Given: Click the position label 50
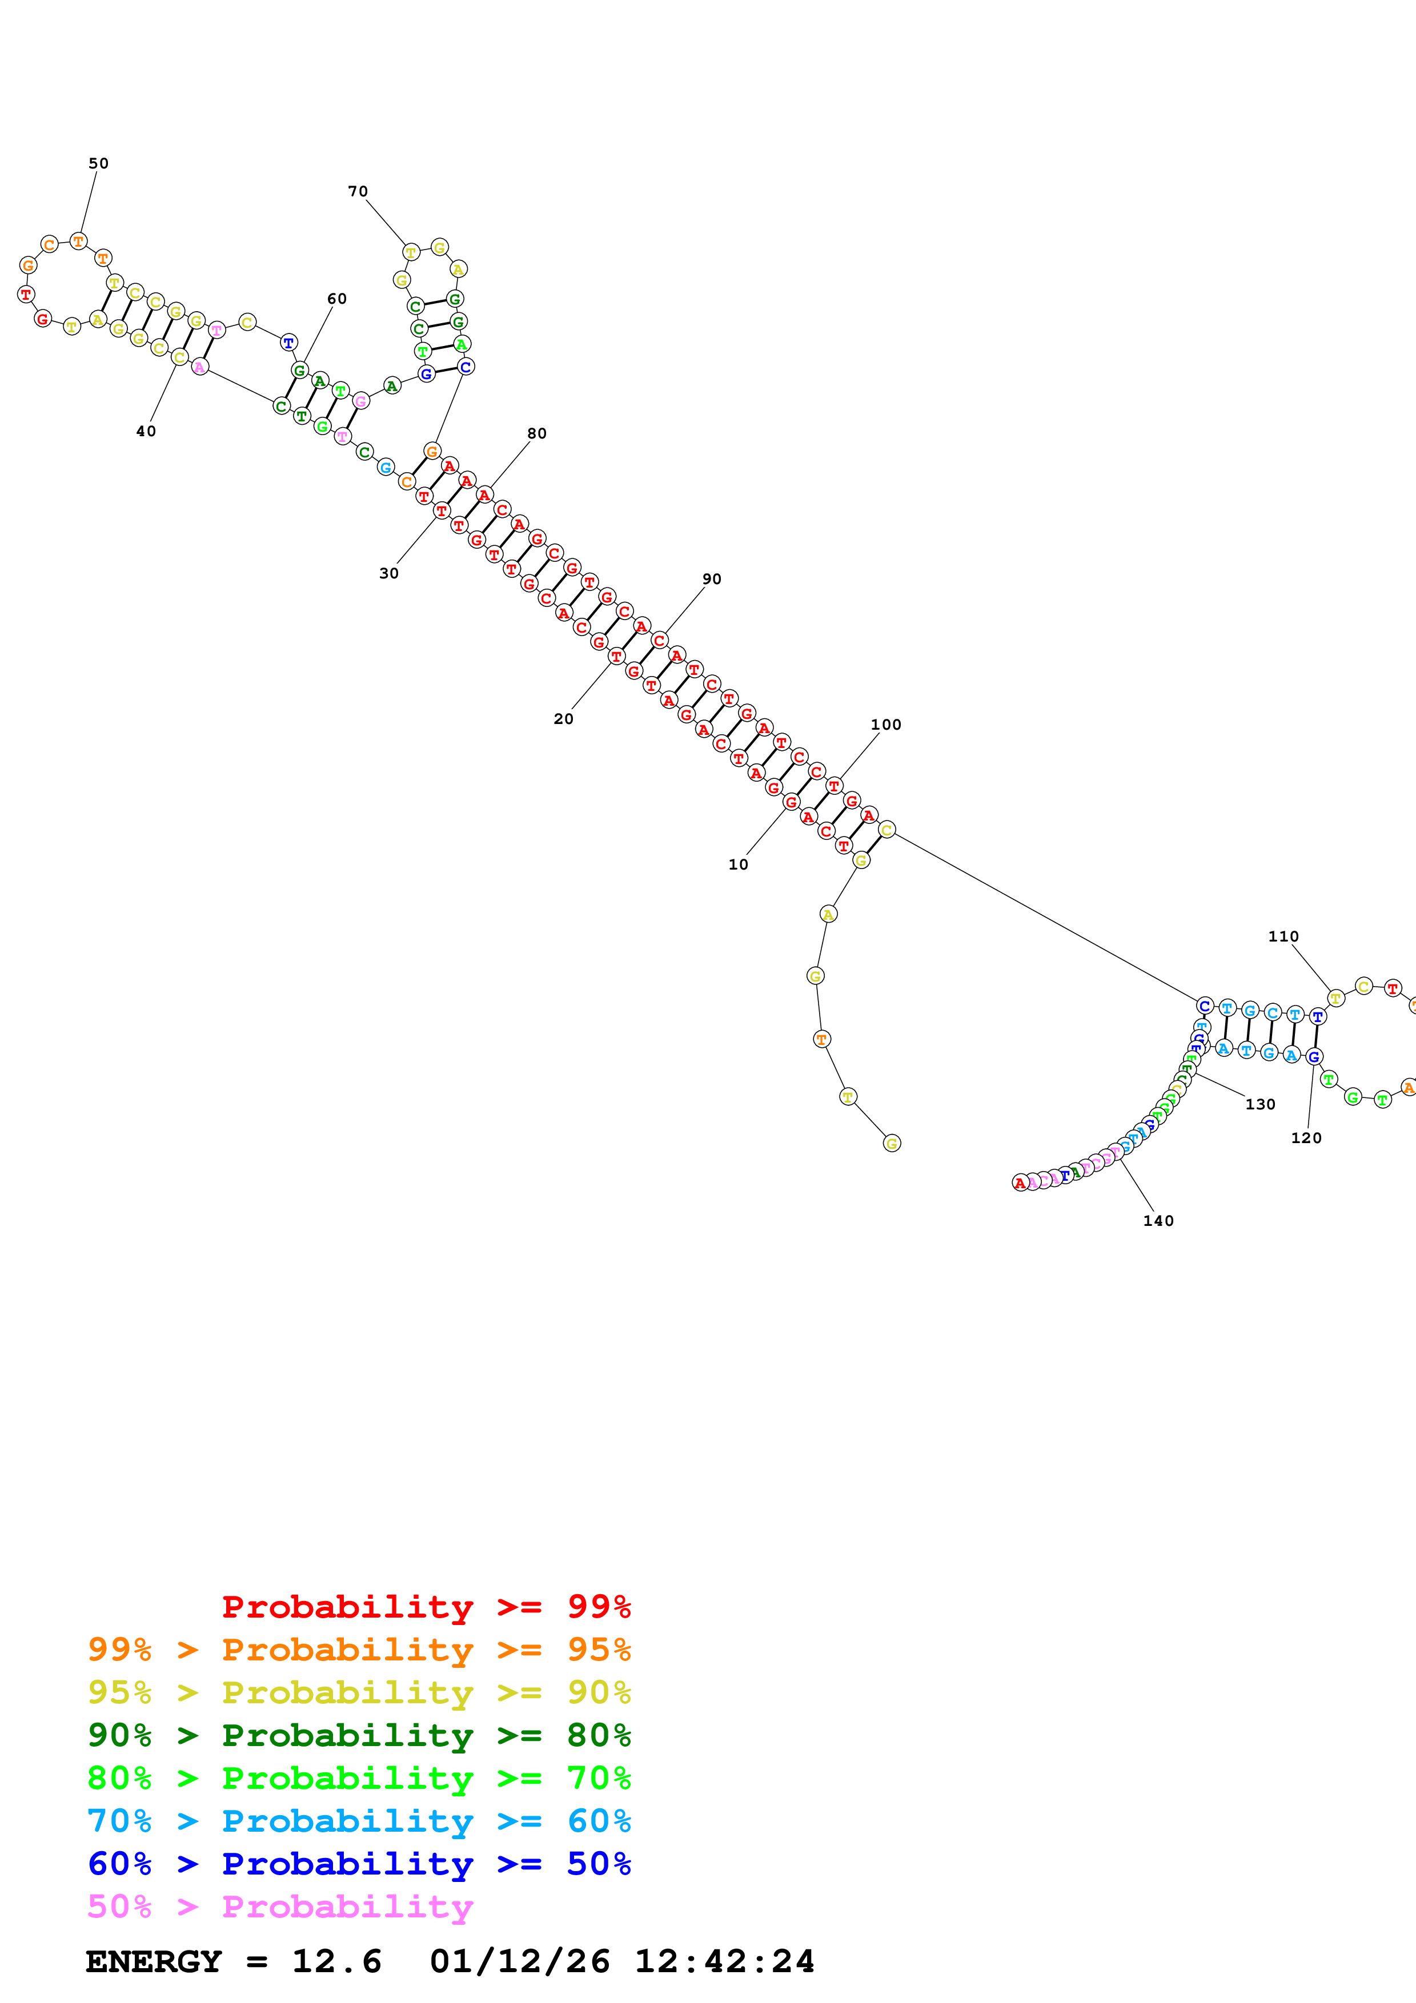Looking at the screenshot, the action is [x=99, y=163].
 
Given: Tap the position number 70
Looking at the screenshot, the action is [x=358, y=191].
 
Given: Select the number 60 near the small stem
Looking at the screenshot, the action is [x=337, y=299].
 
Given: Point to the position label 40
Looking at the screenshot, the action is [x=146, y=431].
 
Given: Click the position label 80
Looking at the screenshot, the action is [x=536, y=433].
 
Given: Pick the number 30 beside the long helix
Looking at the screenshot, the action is [x=389, y=573].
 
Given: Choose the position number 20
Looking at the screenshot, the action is [x=564, y=719].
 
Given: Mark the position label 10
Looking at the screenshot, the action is [x=738, y=864].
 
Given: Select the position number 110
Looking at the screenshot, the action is [x=1283, y=936].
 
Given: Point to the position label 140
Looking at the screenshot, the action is [x=1158, y=1220].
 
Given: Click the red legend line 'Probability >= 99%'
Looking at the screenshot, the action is [x=426, y=1606].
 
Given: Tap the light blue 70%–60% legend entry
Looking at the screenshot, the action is [x=359, y=1821].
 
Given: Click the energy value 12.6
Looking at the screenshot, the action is [x=337, y=1961].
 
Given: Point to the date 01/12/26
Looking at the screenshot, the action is [x=520, y=1961].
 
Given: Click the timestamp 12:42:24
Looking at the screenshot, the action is [x=724, y=1961].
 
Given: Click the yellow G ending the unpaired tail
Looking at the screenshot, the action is [x=890, y=1143].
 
